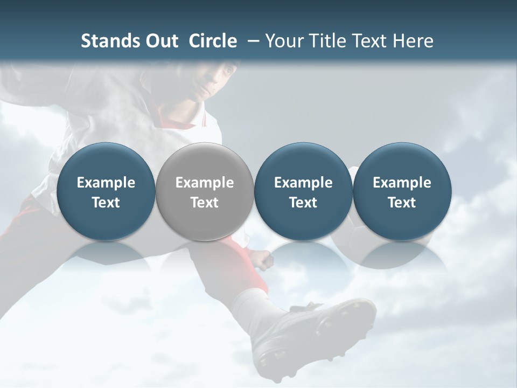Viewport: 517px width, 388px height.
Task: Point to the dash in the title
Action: coord(251,41)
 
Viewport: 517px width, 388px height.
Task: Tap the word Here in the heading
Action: coord(413,41)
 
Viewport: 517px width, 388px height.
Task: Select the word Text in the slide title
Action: coord(368,41)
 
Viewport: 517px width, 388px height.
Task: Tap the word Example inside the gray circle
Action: coord(205,183)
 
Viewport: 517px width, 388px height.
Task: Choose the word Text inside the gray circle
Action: coord(205,203)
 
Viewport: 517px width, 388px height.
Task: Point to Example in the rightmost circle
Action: coord(402,183)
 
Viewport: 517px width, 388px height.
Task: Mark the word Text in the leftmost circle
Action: coord(106,203)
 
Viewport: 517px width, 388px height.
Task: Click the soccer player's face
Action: coord(215,81)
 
